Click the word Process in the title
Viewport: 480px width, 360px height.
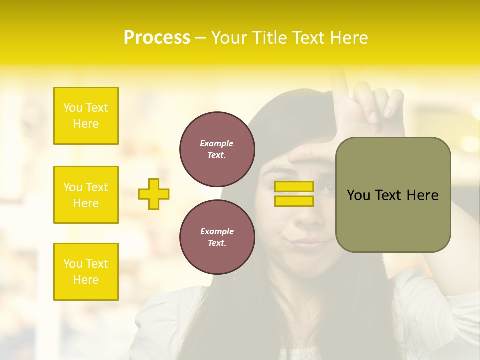click(157, 38)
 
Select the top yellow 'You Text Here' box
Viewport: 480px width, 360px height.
click(86, 116)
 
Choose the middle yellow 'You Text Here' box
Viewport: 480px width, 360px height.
click(86, 195)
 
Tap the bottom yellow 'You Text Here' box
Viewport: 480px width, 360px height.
click(86, 272)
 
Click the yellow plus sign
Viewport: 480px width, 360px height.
click(154, 194)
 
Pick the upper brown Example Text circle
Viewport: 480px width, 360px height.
click(217, 149)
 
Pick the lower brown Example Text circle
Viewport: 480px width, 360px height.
click(217, 237)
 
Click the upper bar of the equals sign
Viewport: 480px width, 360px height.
click(294, 186)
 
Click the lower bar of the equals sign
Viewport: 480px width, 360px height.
click(294, 201)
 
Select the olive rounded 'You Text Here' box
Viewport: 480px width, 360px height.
click(393, 195)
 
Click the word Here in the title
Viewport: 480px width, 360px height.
click(349, 38)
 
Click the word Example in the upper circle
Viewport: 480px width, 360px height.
click(216, 143)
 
